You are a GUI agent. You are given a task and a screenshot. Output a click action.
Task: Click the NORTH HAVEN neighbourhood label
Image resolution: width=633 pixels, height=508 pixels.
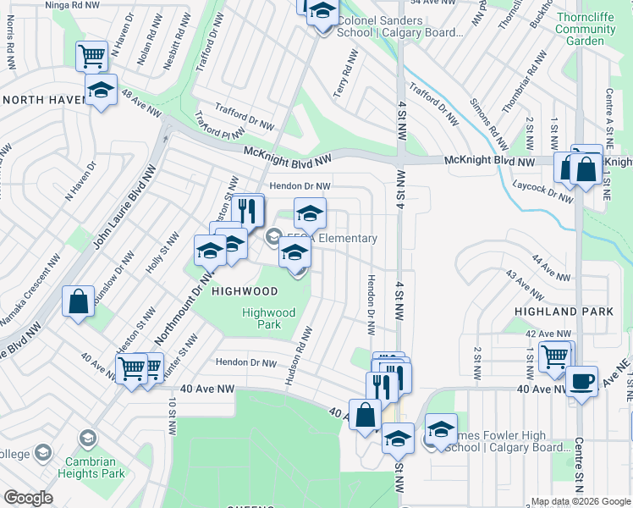[41, 100]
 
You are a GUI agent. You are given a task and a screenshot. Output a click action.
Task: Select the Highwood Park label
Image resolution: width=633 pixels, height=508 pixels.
[268, 318]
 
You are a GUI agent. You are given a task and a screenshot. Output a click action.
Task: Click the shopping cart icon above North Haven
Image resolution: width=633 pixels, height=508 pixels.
[91, 56]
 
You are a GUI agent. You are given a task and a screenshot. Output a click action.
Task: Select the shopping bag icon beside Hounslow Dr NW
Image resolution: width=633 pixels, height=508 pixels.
[78, 301]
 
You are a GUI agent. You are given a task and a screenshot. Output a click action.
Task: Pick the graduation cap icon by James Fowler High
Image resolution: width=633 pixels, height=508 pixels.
[441, 428]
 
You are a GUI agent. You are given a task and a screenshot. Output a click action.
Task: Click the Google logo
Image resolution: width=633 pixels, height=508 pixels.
[28, 498]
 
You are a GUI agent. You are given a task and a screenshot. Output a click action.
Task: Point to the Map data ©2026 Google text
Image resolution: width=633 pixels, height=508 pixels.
[580, 501]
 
